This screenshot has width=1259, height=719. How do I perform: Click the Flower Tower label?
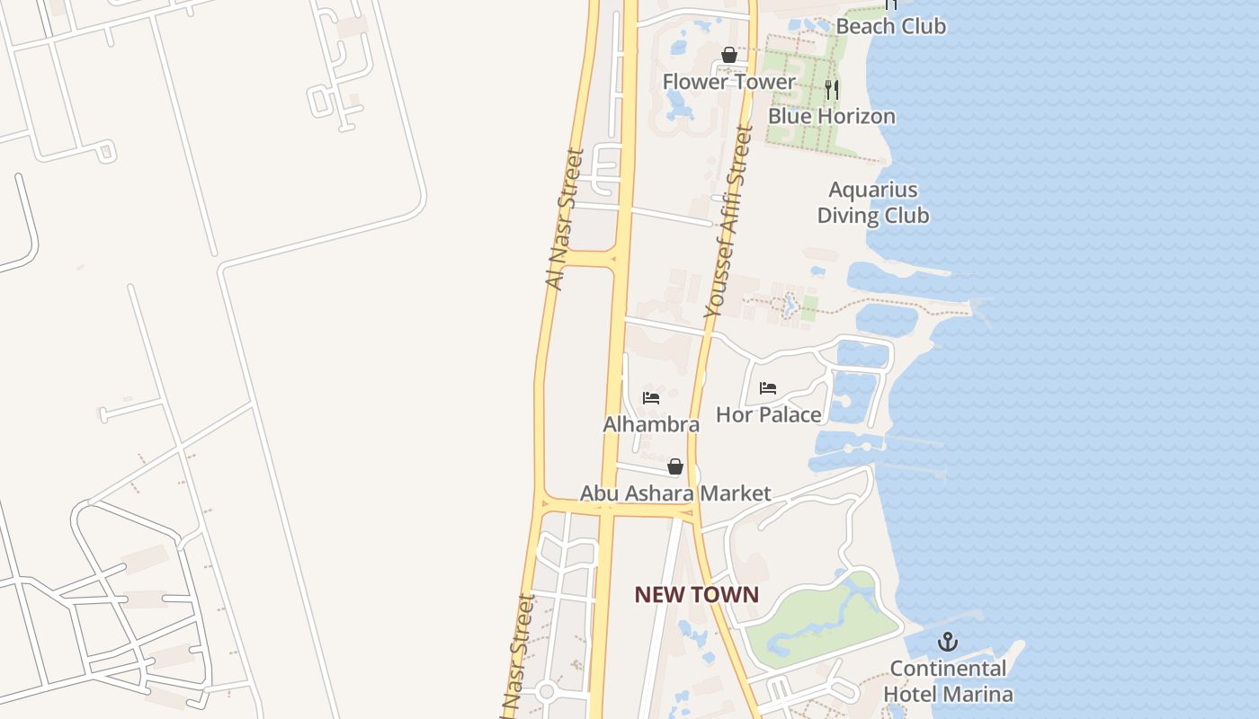pyautogui.click(x=728, y=82)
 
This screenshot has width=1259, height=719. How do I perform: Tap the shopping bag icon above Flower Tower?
pyautogui.click(x=728, y=56)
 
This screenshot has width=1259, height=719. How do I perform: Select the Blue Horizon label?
pyautogui.click(x=831, y=116)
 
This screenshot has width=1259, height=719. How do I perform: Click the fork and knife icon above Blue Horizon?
pyautogui.click(x=832, y=89)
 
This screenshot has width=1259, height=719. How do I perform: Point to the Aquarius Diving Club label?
pyautogui.click(x=872, y=202)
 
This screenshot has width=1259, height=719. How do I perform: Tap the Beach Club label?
pyautogui.click(x=890, y=26)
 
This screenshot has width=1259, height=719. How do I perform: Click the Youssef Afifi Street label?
pyautogui.click(x=728, y=221)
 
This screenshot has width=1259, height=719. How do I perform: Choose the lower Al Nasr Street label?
pyautogui.click(x=518, y=652)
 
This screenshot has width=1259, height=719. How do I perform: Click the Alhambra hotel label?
pyautogui.click(x=651, y=424)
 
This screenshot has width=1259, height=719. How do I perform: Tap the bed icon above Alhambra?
pyautogui.click(x=651, y=397)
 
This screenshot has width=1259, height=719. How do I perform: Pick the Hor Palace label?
pyautogui.click(x=768, y=414)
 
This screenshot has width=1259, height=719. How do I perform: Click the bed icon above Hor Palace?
pyautogui.click(x=768, y=388)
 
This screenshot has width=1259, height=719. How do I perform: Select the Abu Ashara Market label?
pyautogui.click(x=674, y=493)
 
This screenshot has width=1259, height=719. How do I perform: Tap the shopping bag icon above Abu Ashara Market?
pyautogui.click(x=674, y=466)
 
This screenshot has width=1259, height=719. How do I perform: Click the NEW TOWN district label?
pyautogui.click(x=696, y=594)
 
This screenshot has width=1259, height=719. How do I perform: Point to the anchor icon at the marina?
pyautogui.click(x=947, y=642)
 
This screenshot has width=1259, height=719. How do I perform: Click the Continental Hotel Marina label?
pyautogui.click(x=948, y=681)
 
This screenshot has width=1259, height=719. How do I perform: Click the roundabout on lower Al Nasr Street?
pyautogui.click(x=546, y=691)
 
